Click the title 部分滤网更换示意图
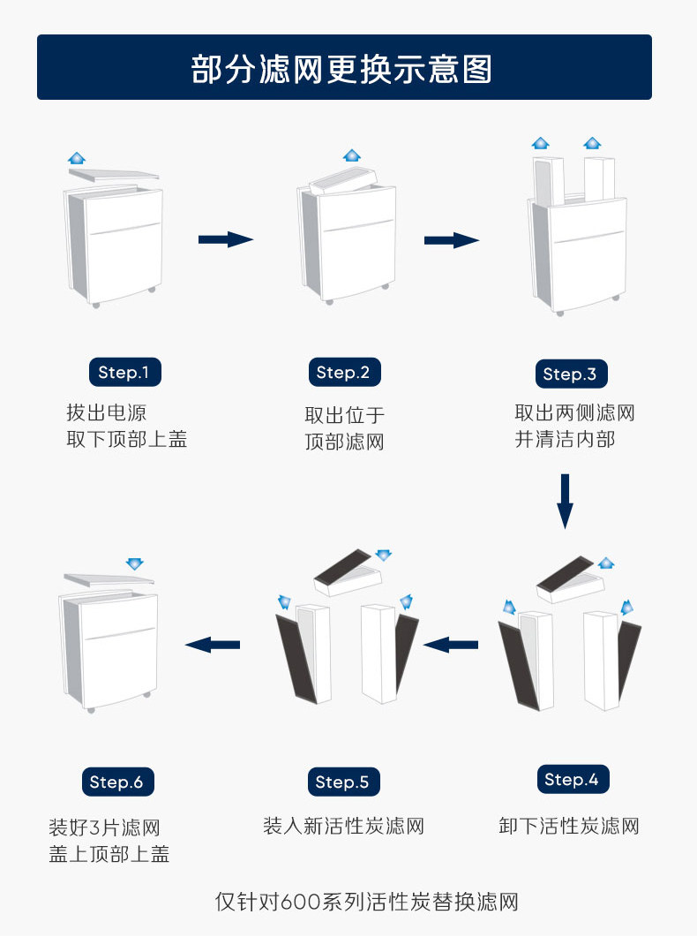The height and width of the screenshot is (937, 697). point(342,68)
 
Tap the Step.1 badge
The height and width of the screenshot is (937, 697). point(124,372)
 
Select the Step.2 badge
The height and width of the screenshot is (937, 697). point(343,372)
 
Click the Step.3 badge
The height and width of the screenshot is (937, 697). point(570,374)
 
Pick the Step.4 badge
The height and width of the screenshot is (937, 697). point(572,779)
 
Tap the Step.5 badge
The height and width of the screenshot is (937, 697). point(343,782)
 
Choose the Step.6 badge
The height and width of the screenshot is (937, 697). point(116,782)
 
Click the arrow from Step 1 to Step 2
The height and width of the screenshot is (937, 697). point(225,239)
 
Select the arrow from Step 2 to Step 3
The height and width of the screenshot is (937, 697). point(451,240)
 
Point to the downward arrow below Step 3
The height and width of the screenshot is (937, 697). point(565,501)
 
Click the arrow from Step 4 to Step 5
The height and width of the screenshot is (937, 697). point(451,646)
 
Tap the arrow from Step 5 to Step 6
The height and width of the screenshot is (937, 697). point(213,645)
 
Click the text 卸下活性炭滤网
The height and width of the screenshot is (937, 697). point(569,827)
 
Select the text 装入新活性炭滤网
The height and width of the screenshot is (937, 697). point(343,827)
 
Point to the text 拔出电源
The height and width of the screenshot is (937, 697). point(106,412)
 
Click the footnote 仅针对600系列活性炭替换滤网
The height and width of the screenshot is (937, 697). point(366,902)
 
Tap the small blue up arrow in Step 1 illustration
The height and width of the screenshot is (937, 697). point(77,158)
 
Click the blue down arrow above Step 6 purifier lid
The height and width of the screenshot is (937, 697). point(134,563)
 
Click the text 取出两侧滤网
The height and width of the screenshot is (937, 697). point(574,412)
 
